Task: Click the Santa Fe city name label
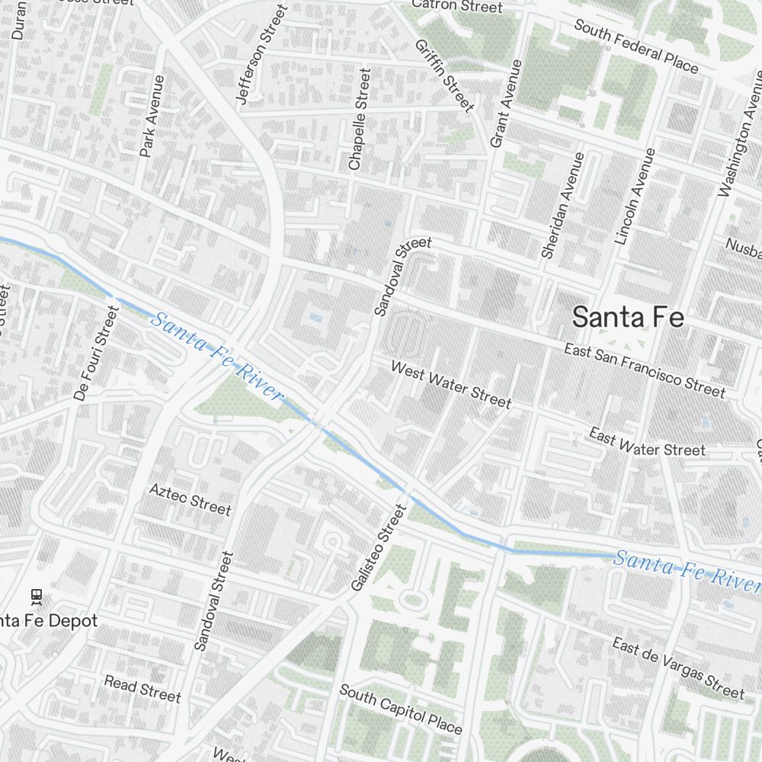(x=628, y=318)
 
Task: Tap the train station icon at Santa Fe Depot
(x=36, y=595)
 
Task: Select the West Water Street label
(x=450, y=385)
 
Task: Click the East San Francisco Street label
(x=645, y=370)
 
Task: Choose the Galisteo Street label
(x=376, y=546)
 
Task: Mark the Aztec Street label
(x=190, y=498)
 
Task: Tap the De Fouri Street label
(x=97, y=353)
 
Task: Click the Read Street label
(x=142, y=688)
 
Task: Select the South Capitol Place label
(x=400, y=709)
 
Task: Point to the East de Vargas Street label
(x=678, y=668)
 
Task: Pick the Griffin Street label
(x=445, y=74)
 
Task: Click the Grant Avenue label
(x=507, y=104)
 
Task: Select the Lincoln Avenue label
(x=634, y=197)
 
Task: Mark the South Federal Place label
(x=636, y=46)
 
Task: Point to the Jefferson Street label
(x=261, y=54)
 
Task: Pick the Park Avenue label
(x=152, y=116)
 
